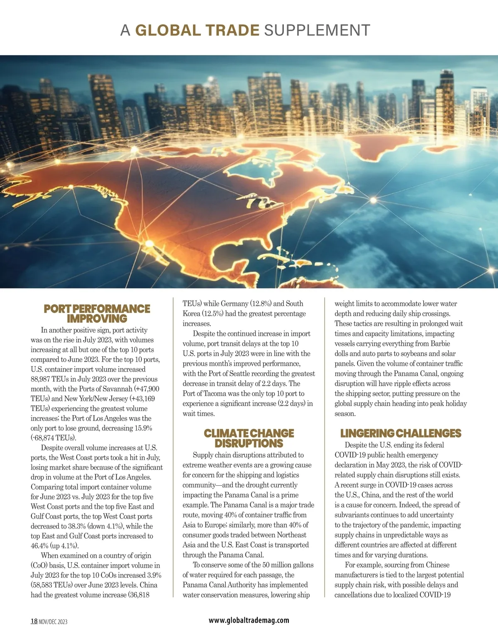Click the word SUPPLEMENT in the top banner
tap(317, 30)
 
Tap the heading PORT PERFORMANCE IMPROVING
tap(97, 314)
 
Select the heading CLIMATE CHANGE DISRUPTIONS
tap(249, 438)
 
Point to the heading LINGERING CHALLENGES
tap(400, 433)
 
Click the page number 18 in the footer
tap(34, 621)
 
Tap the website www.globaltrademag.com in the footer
tap(249, 620)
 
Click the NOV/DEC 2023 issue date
tap(53, 622)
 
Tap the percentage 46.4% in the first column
tap(40, 546)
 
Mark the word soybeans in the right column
tap(416, 354)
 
